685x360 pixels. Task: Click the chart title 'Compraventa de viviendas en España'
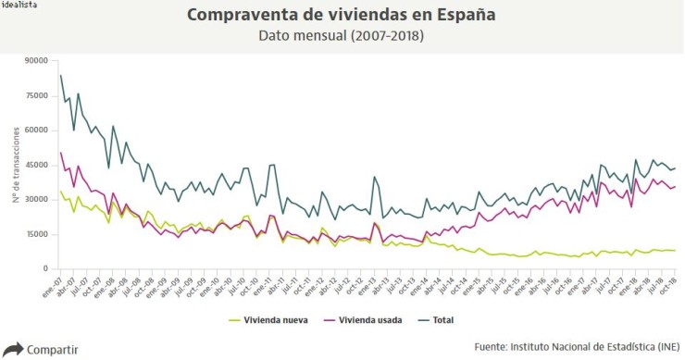341,16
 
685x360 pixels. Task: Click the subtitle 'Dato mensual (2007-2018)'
341,37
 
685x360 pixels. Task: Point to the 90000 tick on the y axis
36,60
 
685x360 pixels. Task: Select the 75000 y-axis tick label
36,95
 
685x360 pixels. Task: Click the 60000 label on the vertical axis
36,130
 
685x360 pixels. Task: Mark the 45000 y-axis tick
36,165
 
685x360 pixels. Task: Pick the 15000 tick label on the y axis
36,234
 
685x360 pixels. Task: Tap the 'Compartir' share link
53,350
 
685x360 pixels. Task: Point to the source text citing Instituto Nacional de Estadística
576,346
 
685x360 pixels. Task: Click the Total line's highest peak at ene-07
61,75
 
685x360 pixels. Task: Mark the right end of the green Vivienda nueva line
675,251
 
